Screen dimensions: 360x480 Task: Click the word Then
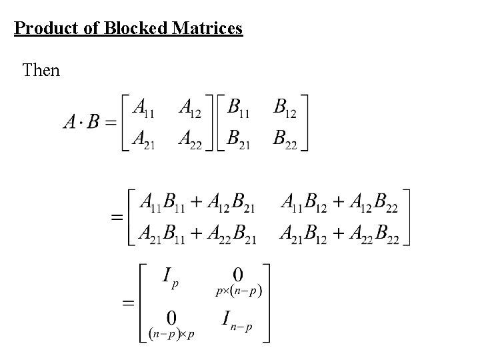coord(41,69)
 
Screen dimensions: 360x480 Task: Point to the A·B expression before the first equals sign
coord(81,122)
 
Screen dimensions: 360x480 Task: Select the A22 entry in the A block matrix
coord(190,139)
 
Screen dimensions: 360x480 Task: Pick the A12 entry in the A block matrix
coord(190,107)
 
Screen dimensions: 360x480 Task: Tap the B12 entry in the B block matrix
coord(285,107)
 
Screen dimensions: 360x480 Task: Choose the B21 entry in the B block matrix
coord(238,139)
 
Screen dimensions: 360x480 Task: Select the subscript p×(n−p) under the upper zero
coord(238,291)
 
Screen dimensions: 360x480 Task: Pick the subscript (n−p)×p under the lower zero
coord(171,333)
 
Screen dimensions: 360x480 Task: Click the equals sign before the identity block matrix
coord(128,303)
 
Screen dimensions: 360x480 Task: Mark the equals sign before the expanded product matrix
coord(117,218)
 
